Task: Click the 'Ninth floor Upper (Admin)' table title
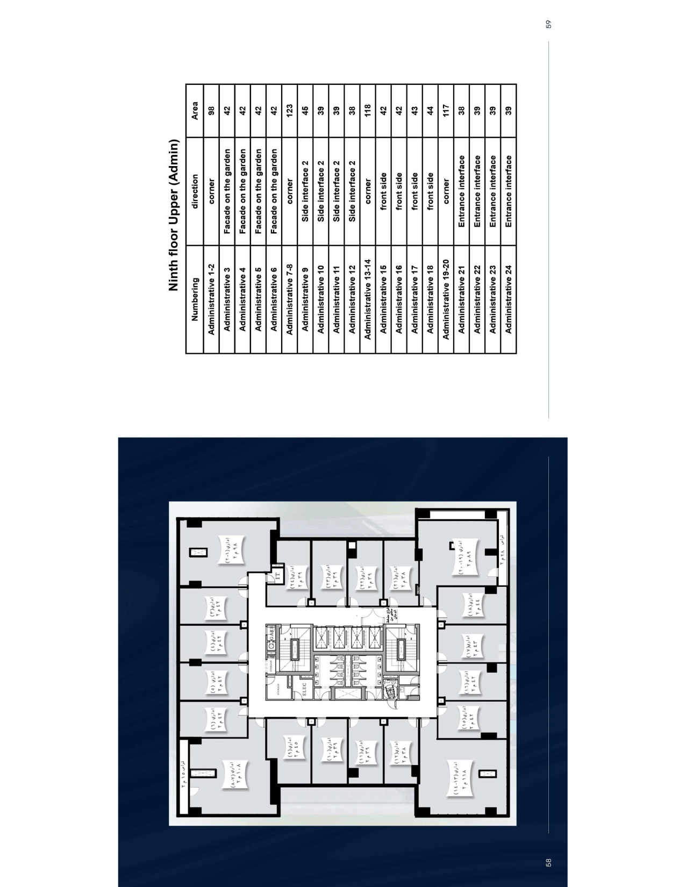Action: [174, 216]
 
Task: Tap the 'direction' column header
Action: [196, 191]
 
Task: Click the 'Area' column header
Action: [196, 111]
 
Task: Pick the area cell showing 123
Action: [290, 111]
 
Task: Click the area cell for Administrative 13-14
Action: [369, 111]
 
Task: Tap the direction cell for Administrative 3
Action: [227, 191]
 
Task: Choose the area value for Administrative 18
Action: [431, 111]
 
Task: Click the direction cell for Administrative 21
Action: [462, 191]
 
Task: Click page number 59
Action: [548, 24]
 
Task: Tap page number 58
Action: [548, 863]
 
